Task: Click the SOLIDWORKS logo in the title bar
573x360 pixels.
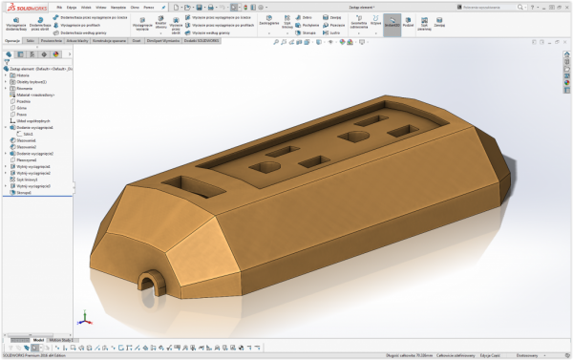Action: click(x=27, y=7)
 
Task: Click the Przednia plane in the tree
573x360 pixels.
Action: click(x=22, y=100)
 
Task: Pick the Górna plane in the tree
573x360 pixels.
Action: click(x=20, y=107)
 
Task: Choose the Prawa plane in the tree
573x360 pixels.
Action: click(x=20, y=114)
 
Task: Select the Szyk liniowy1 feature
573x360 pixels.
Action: click(x=26, y=179)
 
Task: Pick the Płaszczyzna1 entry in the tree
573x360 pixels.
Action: click(x=27, y=159)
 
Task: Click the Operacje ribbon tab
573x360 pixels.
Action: click(x=12, y=41)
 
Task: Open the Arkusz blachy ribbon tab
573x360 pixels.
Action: click(x=77, y=41)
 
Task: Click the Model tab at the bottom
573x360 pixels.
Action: click(x=38, y=339)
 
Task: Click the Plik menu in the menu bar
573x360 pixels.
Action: click(x=59, y=7)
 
